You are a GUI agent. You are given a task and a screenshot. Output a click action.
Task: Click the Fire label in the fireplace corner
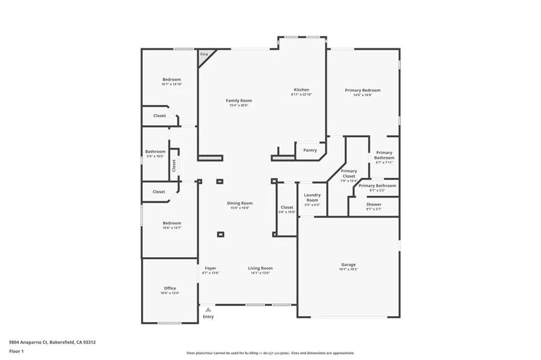pyautogui.click(x=204, y=54)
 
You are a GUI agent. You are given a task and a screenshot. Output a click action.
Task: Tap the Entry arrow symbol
pyautogui.click(x=208, y=310)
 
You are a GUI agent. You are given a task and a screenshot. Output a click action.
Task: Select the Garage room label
pyautogui.click(x=348, y=264)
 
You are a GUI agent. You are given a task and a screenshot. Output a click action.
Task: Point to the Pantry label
pyautogui.click(x=310, y=150)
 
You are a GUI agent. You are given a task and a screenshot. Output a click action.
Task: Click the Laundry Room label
pyautogui.click(x=312, y=197)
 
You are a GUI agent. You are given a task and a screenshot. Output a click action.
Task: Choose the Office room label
pyautogui.click(x=170, y=288)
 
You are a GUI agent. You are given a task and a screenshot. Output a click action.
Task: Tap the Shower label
pyautogui.click(x=374, y=204)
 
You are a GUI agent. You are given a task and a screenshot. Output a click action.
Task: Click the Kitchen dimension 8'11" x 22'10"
pyautogui.click(x=302, y=95)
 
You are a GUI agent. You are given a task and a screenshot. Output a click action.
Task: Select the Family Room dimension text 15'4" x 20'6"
pyautogui.click(x=239, y=106)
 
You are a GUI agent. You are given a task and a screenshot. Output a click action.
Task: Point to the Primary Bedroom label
pyautogui.click(x=362, y=90)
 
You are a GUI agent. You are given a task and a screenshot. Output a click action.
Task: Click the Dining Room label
pyautogui.click(x=240, y=203)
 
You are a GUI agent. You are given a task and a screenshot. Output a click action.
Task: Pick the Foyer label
pyautogui.click(x=210, y=268)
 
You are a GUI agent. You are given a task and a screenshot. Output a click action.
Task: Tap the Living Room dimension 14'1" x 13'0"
pyautogui.click(x=260, y=273)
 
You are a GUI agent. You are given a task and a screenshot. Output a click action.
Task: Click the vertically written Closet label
pyautogui.click(x=174, y=165)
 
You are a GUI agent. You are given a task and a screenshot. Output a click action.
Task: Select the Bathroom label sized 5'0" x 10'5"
pyautogui.click(x=155, y=151)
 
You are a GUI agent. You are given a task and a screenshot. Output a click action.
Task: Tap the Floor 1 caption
pyautogui.click(x=16, y=351)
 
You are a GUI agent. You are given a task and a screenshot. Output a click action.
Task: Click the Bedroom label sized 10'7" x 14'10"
pyautogui.click(x=172, y=79)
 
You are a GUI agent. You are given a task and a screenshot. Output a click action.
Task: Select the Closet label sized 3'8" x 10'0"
pyautogui.click(x=287, y=207)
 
